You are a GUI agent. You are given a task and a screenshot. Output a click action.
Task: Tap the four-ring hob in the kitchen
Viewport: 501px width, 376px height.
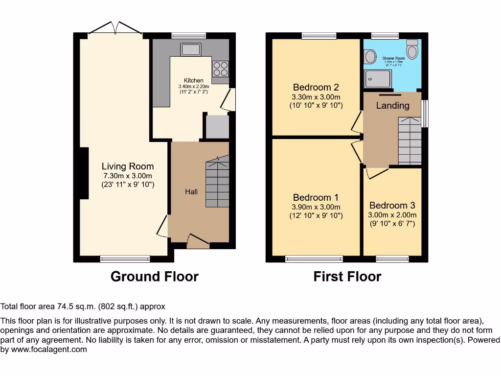[x=220, y=69]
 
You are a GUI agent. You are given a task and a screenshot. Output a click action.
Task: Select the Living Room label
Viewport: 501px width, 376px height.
[x=128, y=166]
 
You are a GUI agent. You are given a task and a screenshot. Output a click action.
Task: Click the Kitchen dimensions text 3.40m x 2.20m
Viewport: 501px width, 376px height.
[x=193, y=87]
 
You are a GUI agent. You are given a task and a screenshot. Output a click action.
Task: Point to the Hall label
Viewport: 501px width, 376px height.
[x=191, y=192]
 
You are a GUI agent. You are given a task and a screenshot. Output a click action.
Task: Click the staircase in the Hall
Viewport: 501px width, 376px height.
[x=217, y=182]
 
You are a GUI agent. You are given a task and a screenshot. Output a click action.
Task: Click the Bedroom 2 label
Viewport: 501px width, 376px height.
[x=316, y=88]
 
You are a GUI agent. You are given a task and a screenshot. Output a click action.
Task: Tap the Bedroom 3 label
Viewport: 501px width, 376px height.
[x=392, y=206]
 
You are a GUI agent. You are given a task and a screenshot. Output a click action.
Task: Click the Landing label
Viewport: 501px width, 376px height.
[x=392, y=106]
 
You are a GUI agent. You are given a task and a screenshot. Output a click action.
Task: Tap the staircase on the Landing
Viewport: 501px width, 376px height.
[x=410, y=141]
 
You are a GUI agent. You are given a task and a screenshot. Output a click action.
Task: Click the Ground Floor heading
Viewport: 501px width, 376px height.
[x=155, y=277]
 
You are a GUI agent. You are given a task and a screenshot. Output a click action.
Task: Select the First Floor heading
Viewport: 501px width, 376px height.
[x=347, y=277]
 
